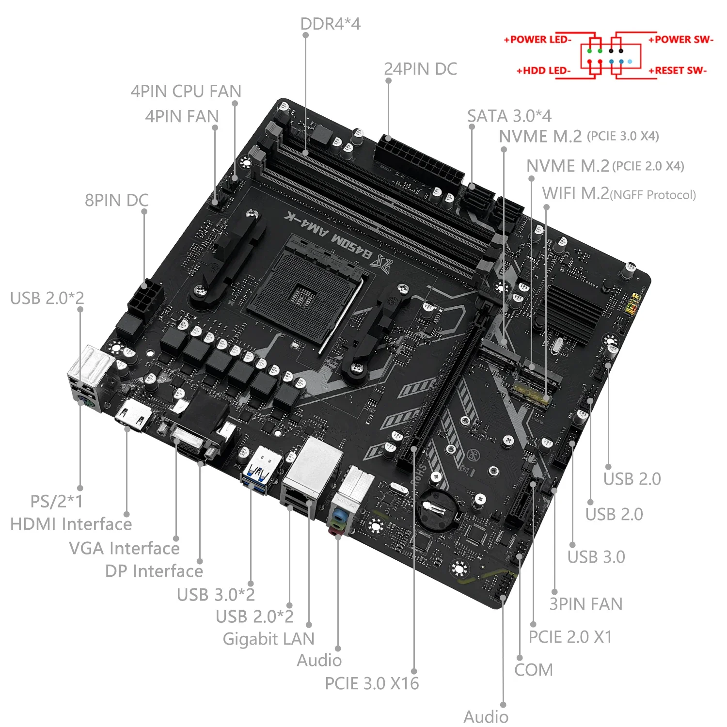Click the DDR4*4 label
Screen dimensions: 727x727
tap(330, 24)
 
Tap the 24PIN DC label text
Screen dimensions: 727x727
tap(420, 69)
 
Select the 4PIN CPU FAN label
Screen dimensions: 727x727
tap(186, 91)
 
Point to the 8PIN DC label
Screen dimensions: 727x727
tap(116, 200)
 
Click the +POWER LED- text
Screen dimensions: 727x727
tap(537, 40)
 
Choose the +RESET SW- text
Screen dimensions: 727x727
tap(678, 71)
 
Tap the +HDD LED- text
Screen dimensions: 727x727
tap(543, 71)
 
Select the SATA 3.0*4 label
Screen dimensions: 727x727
tap(509, 116)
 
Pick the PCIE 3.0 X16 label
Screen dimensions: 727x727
tap(372, 683)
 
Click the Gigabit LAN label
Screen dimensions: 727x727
tap(269, 639)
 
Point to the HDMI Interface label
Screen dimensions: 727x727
tap(71, 524)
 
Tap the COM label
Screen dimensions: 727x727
tap(533, 670)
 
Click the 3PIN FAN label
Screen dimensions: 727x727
tap(585, 604)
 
